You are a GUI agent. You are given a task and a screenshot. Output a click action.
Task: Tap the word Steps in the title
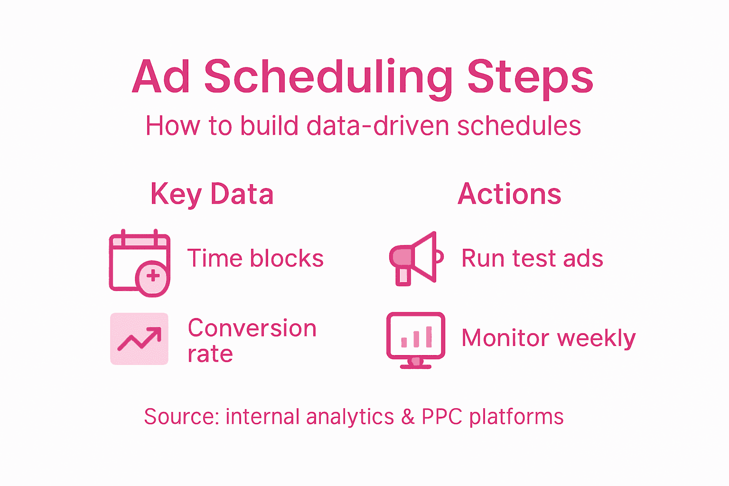530,77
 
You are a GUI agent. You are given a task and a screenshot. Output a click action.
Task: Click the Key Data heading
212,194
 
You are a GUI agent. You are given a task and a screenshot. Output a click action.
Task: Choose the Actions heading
509,194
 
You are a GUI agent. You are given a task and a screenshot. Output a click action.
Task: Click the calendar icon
139,262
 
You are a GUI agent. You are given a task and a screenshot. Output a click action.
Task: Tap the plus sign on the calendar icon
153,276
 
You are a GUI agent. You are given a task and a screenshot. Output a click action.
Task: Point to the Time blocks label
255,259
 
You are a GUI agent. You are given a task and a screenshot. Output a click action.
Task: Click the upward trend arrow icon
139,339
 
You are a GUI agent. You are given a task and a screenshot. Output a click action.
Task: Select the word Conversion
252,328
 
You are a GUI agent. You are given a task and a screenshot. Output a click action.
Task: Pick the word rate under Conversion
210,354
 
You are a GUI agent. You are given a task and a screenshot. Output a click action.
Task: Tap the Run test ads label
532,259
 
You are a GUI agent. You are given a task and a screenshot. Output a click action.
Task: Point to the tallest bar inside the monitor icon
429,336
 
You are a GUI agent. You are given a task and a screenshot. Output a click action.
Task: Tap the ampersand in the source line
408,417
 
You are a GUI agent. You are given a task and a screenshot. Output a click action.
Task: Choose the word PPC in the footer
442,417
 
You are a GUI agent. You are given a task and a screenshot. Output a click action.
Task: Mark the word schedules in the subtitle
519,126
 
